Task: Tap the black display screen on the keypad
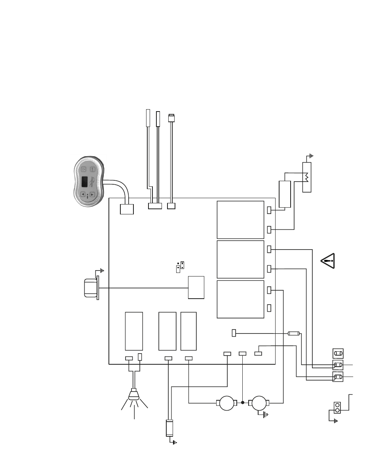tap(84, 182)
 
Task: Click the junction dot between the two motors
tap(242, 403)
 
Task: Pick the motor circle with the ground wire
tap(260, 403)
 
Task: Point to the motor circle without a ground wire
tap(227, 403)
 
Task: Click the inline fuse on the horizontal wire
tap(293, 333)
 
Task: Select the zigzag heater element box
tap(307, 177)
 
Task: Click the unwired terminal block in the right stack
tap(338, 353)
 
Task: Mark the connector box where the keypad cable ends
tap(127, 208)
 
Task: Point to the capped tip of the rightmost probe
tap(172, 117)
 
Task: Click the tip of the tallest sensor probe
tap(148, 111)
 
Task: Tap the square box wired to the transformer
tap(196, 288)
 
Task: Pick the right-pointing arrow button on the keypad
tap(92, 194)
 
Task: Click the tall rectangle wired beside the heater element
tap(285, 194)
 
